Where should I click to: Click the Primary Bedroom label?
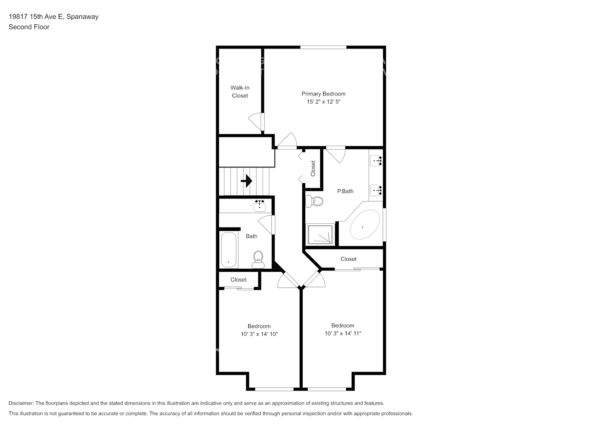coord(323,94)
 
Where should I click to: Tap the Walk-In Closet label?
coord(240,92)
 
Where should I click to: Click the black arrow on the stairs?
coord(246,181)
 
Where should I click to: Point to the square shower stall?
coord(320,235)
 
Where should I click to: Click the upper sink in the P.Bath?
coord(376,161)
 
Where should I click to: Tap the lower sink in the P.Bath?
coord(376,190)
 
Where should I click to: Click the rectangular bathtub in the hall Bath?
coord(229,250)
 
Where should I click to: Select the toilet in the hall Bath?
coord(258,259)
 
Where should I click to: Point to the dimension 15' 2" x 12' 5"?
coord(323,102)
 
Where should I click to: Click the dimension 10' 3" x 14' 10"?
coord(259,334)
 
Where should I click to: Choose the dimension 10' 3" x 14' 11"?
coord(343,333)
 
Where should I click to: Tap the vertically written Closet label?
coord(313,168)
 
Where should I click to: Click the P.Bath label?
coord(345,191)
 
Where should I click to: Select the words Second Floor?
coord(29,27)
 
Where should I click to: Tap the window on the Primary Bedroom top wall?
coord(323,47)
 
